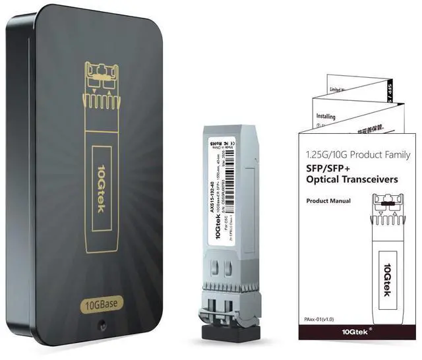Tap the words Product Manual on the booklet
(328, 200)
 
